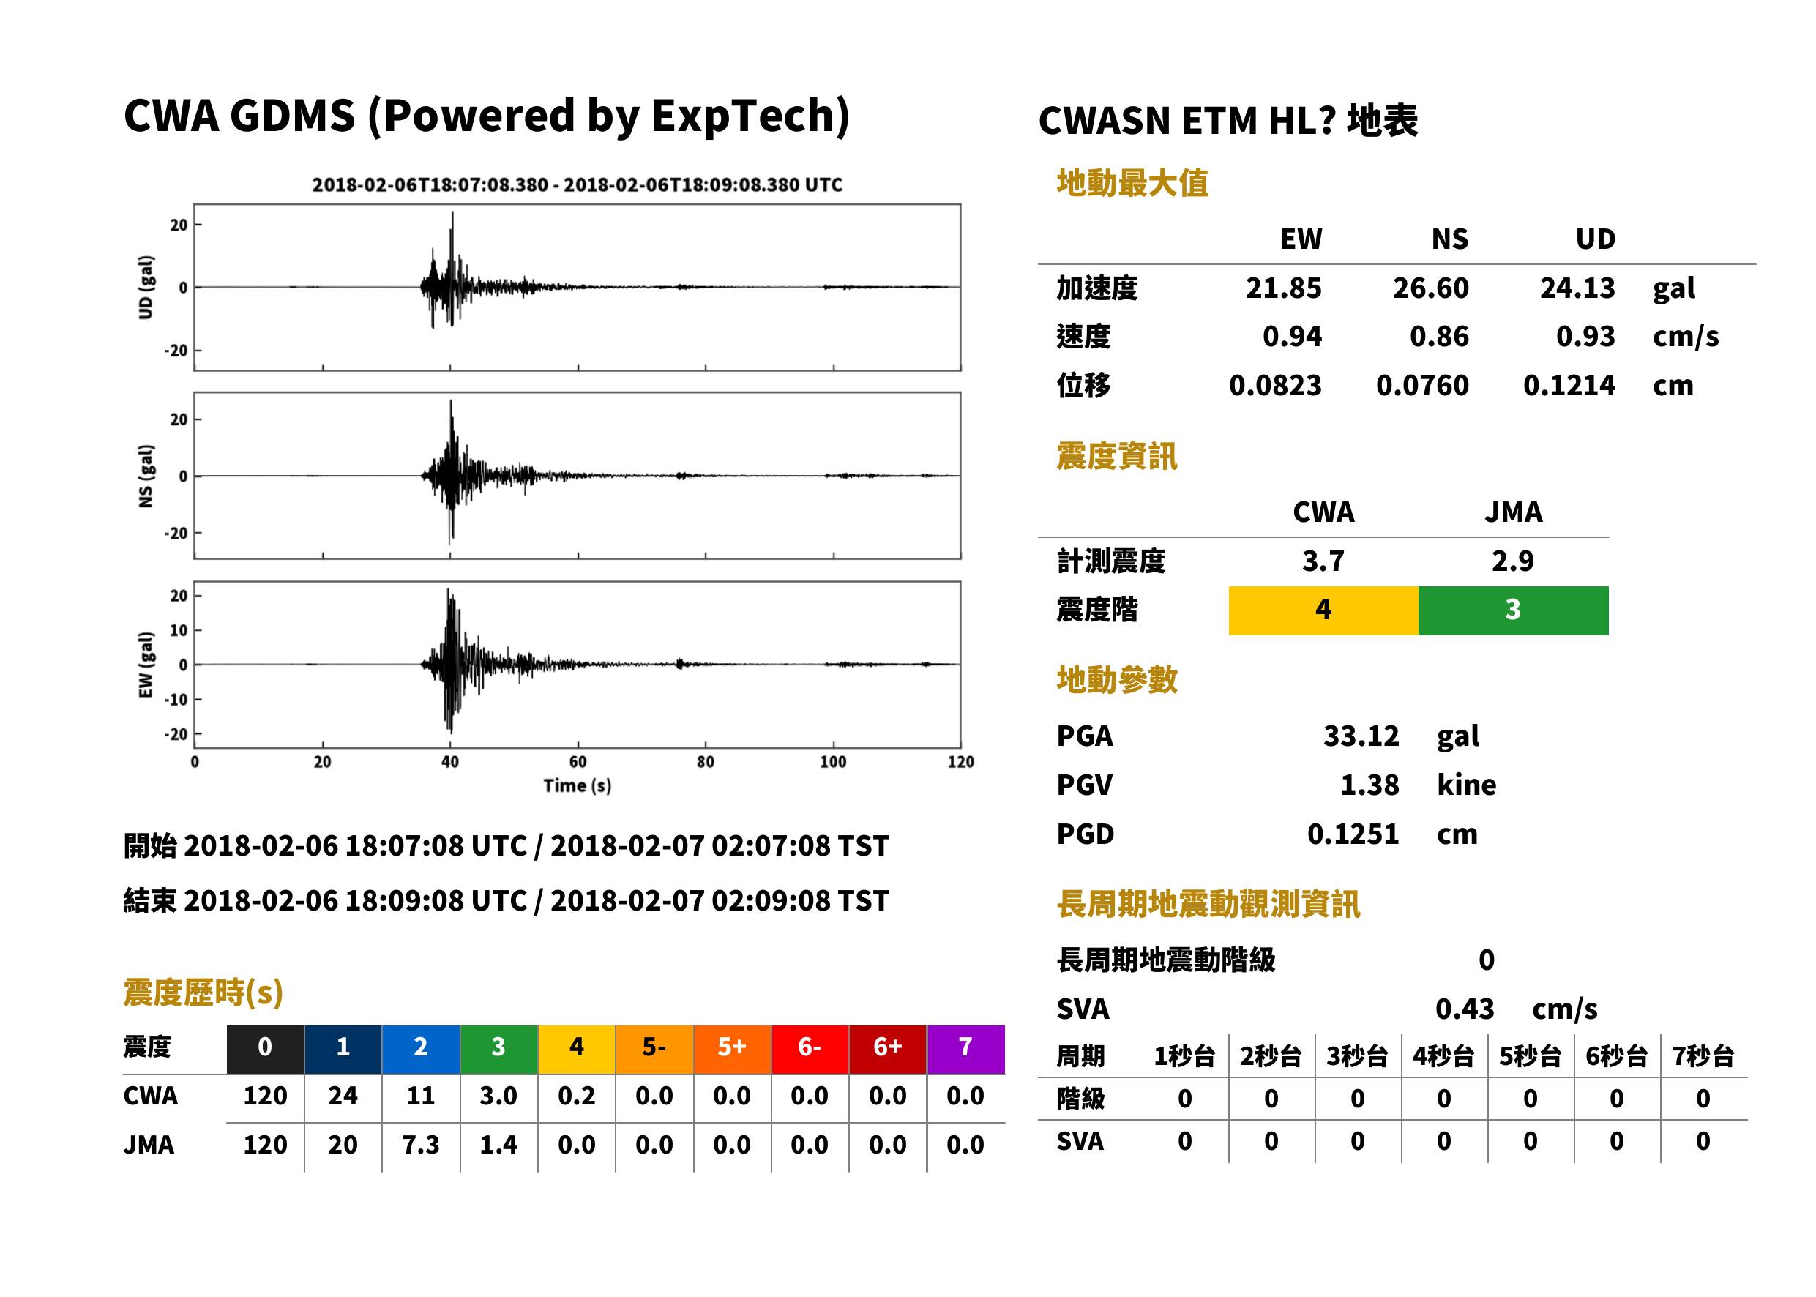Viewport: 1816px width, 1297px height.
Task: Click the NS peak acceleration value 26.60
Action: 1430,288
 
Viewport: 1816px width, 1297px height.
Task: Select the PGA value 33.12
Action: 1361,736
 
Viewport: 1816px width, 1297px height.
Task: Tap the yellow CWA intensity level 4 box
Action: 1323,610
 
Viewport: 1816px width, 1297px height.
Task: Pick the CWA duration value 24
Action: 343,1096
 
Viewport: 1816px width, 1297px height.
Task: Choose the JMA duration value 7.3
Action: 421,1145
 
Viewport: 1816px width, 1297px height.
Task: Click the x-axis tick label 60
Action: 578,761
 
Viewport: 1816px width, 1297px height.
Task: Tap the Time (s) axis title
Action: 578,785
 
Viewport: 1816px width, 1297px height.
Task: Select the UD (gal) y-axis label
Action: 146,288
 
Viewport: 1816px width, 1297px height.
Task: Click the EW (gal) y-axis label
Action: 146,665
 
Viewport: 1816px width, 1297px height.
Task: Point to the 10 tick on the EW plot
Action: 178,630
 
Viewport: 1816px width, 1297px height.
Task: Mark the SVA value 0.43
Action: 1465,1009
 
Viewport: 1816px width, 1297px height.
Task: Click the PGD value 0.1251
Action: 1353,834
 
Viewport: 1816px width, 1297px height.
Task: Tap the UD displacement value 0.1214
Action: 1569,385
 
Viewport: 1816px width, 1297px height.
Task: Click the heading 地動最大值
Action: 1132,183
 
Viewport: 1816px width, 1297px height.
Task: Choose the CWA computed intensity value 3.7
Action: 1323,561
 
